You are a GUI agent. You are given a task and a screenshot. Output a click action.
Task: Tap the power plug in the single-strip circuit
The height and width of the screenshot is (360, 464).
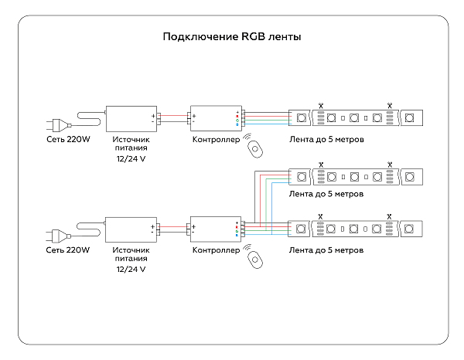pos(58,124)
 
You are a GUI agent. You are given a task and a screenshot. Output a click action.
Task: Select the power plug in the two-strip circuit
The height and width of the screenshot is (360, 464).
pos(58,233)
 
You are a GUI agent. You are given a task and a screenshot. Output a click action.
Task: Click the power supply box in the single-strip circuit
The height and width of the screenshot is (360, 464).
pos(129,118)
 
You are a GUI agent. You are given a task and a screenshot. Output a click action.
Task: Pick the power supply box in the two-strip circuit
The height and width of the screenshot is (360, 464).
pos(131,229)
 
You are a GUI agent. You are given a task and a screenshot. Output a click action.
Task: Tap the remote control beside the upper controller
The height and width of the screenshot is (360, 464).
pos(254,146)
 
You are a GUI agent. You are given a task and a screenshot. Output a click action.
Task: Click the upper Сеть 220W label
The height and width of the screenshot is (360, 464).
pos(67,141)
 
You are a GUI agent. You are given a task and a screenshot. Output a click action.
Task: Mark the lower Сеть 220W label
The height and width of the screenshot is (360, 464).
pos(68,250)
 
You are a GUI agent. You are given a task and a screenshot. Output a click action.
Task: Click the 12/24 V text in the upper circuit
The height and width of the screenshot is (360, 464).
pos(130,159)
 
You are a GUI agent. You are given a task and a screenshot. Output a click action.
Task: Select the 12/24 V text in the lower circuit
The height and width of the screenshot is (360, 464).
pos(131,270)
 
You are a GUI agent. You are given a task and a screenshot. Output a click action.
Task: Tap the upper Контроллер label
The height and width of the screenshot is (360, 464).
pos(217,141)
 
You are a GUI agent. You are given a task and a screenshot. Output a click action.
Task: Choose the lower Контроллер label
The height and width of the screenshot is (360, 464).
pos(217,250)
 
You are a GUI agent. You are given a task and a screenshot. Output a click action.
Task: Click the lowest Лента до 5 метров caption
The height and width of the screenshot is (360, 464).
pos(326,250)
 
